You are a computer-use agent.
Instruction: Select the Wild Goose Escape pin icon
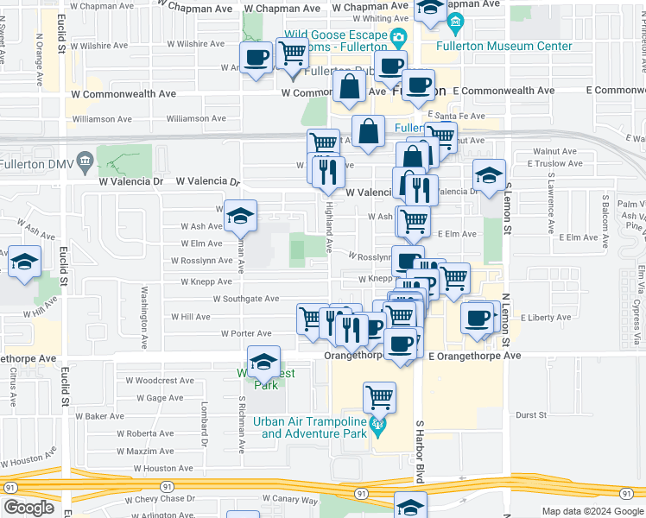click(x=398, y=37)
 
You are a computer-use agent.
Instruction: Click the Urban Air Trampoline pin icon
click(x=377, y=424)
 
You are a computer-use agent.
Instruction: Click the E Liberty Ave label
click(x=547, y=318)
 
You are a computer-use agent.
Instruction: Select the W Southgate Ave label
click(x=247, y=299)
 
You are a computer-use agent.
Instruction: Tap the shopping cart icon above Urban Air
click(x=379, y=397)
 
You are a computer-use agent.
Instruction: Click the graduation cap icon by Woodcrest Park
click(x=263, y=361)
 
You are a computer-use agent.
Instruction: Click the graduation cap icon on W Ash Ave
click(x=240, y=215)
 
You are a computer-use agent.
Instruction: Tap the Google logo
click(x=28, y=507)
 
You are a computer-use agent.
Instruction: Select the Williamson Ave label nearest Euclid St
click(x=101, y=119)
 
